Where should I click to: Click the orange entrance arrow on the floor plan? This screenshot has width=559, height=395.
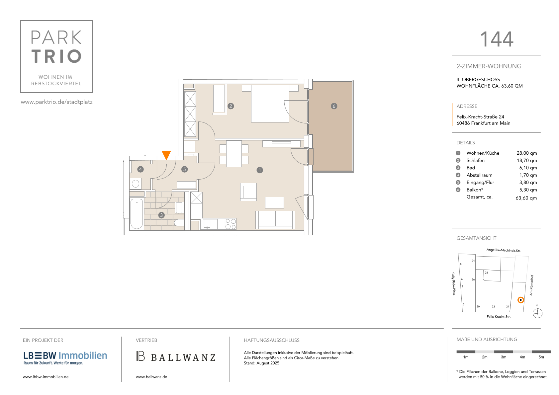click(x=166, y=155)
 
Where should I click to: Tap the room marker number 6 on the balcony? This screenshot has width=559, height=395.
click(x=334, y=106)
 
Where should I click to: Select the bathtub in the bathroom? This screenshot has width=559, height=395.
click(x=137, y=214)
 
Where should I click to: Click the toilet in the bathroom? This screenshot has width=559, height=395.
click(x=179, y=223)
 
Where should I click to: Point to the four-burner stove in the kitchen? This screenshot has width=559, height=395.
click(x=231, y=224)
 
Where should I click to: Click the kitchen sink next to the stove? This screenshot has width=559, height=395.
click(x=210, y=224)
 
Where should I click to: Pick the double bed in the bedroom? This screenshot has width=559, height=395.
click(x=270, y=104)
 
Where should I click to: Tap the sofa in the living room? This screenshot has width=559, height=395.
click(x=275, y=220)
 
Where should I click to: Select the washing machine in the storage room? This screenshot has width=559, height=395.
click(x=136, y=184)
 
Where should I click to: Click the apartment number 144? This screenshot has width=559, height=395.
click(x=497, y=39)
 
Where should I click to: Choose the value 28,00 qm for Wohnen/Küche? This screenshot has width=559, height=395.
click(x=526, y=153)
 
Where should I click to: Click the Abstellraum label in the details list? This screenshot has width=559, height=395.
click(x=479, y=175)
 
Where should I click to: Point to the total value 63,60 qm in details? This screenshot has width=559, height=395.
click(x=526, y=198)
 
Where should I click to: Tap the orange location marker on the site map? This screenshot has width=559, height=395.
click(x=520, y=300)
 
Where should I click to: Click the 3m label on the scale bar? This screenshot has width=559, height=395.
click(x=504, y=357)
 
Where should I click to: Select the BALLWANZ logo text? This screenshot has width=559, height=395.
click(x=183, y=357)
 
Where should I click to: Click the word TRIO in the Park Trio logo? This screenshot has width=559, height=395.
click(x=56, y=56)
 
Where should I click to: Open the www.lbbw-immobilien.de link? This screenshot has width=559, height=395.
click(x=46, y=377)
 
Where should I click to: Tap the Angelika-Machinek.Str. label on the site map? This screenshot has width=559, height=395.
click(x=504, y=250)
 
